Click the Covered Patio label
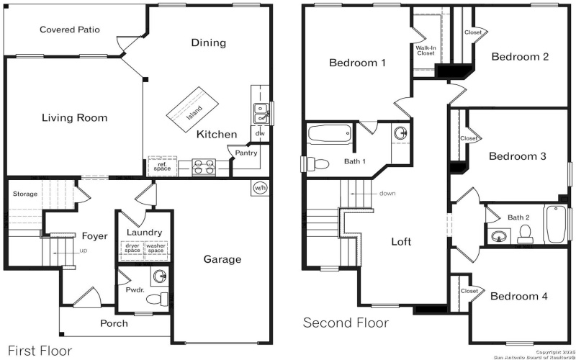coord(70,30)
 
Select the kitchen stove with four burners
coord(204,167)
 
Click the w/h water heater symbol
coord(260,187)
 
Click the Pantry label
coord(246,153)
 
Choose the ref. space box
coord(162,166)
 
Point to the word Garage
coord(222,259)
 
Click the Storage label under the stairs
coord(24,194)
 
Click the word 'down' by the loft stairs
coord(387,193)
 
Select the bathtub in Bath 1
coord(329,133)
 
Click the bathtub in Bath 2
coord(555,225)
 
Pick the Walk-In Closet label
coord(426,50)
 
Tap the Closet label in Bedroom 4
coord(469,291)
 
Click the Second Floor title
coord(346,323)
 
